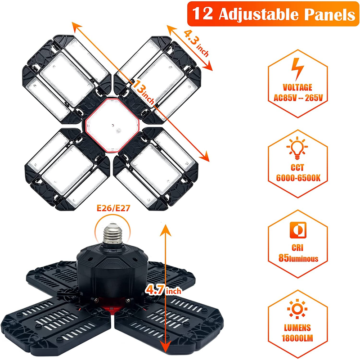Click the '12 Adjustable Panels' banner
(x=273, y=14)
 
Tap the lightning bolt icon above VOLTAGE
(x=297, y=69)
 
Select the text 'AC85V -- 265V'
(x=298, y=98)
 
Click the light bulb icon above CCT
(x=297, y=148)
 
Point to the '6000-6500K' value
(x=298, y=178)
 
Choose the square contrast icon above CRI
(x=298, y=230)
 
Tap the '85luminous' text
(x=298, y=258)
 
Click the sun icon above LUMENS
(x=297, y=309)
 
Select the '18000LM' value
(x=297, y=338)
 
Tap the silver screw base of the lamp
(x=112, y=234)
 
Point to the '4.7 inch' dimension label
(x=163, y=291)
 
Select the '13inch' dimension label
(x=143, y=92)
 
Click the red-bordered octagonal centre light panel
(x=112, y=126)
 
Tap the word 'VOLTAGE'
(x=297, y=87)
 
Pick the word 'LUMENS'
(x=297, y=328)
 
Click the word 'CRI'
(x=297, y=248)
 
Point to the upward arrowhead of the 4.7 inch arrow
(x=166, y=230)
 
